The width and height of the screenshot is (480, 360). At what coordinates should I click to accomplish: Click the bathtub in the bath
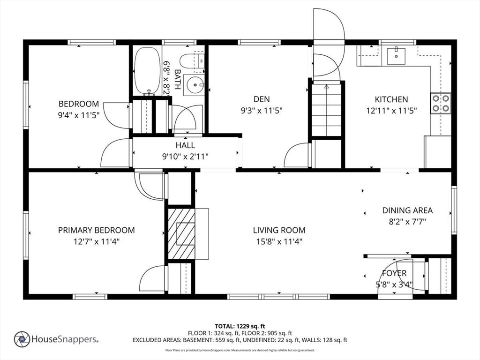click(x=148, y=71)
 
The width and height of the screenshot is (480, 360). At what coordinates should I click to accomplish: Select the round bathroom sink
click(x=194, y=84)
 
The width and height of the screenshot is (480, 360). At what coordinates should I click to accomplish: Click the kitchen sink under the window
click(x=396, y=56)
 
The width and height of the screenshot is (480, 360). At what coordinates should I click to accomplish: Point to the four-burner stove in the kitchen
click(x=441, y=103)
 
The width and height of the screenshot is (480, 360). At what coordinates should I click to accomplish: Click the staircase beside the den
click(x=326, y=110)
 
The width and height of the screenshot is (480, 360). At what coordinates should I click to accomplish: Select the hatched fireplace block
click(x=181, y=234)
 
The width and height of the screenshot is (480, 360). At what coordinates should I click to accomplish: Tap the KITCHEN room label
click(x=391, y=99)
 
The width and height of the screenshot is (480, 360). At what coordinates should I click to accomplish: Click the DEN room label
click(x=262, y=99)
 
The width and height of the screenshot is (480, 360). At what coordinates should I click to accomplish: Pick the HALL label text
click(x=185, y=145)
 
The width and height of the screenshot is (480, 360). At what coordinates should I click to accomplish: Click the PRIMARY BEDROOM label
click(x=97, y=230)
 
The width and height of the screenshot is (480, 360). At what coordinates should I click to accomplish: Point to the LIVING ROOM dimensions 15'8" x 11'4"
click(x=279, y=242)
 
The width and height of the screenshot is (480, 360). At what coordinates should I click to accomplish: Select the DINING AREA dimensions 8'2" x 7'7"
click(x=407, y=222)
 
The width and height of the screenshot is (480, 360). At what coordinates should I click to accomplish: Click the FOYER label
click(x=394, y=273)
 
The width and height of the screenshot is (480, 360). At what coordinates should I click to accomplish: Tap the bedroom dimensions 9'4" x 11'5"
click(x=79, y=115)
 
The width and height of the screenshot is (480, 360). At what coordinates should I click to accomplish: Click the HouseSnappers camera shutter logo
click(x=22, y=339)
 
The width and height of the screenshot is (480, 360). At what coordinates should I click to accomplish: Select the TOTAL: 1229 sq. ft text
click(x=240, y=326)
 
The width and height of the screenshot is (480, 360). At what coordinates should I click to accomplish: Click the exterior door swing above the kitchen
click(x=329, y=24)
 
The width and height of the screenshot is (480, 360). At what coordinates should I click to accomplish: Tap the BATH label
click(x=177, y=79)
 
